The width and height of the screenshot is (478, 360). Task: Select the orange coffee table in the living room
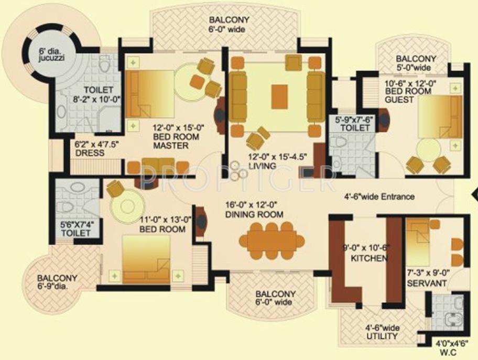[x=279, y=96]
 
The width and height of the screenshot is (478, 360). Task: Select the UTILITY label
[x=383, y=336]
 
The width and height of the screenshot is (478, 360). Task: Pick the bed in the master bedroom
[x=150, y=94]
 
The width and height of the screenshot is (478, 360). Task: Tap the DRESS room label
[x=90, y=152]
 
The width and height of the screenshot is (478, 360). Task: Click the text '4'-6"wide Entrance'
[x=379, y=197]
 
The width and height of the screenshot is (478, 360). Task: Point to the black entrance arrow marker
[x=474, y=195]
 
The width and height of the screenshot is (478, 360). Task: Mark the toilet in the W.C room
[x=452, y=320]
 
